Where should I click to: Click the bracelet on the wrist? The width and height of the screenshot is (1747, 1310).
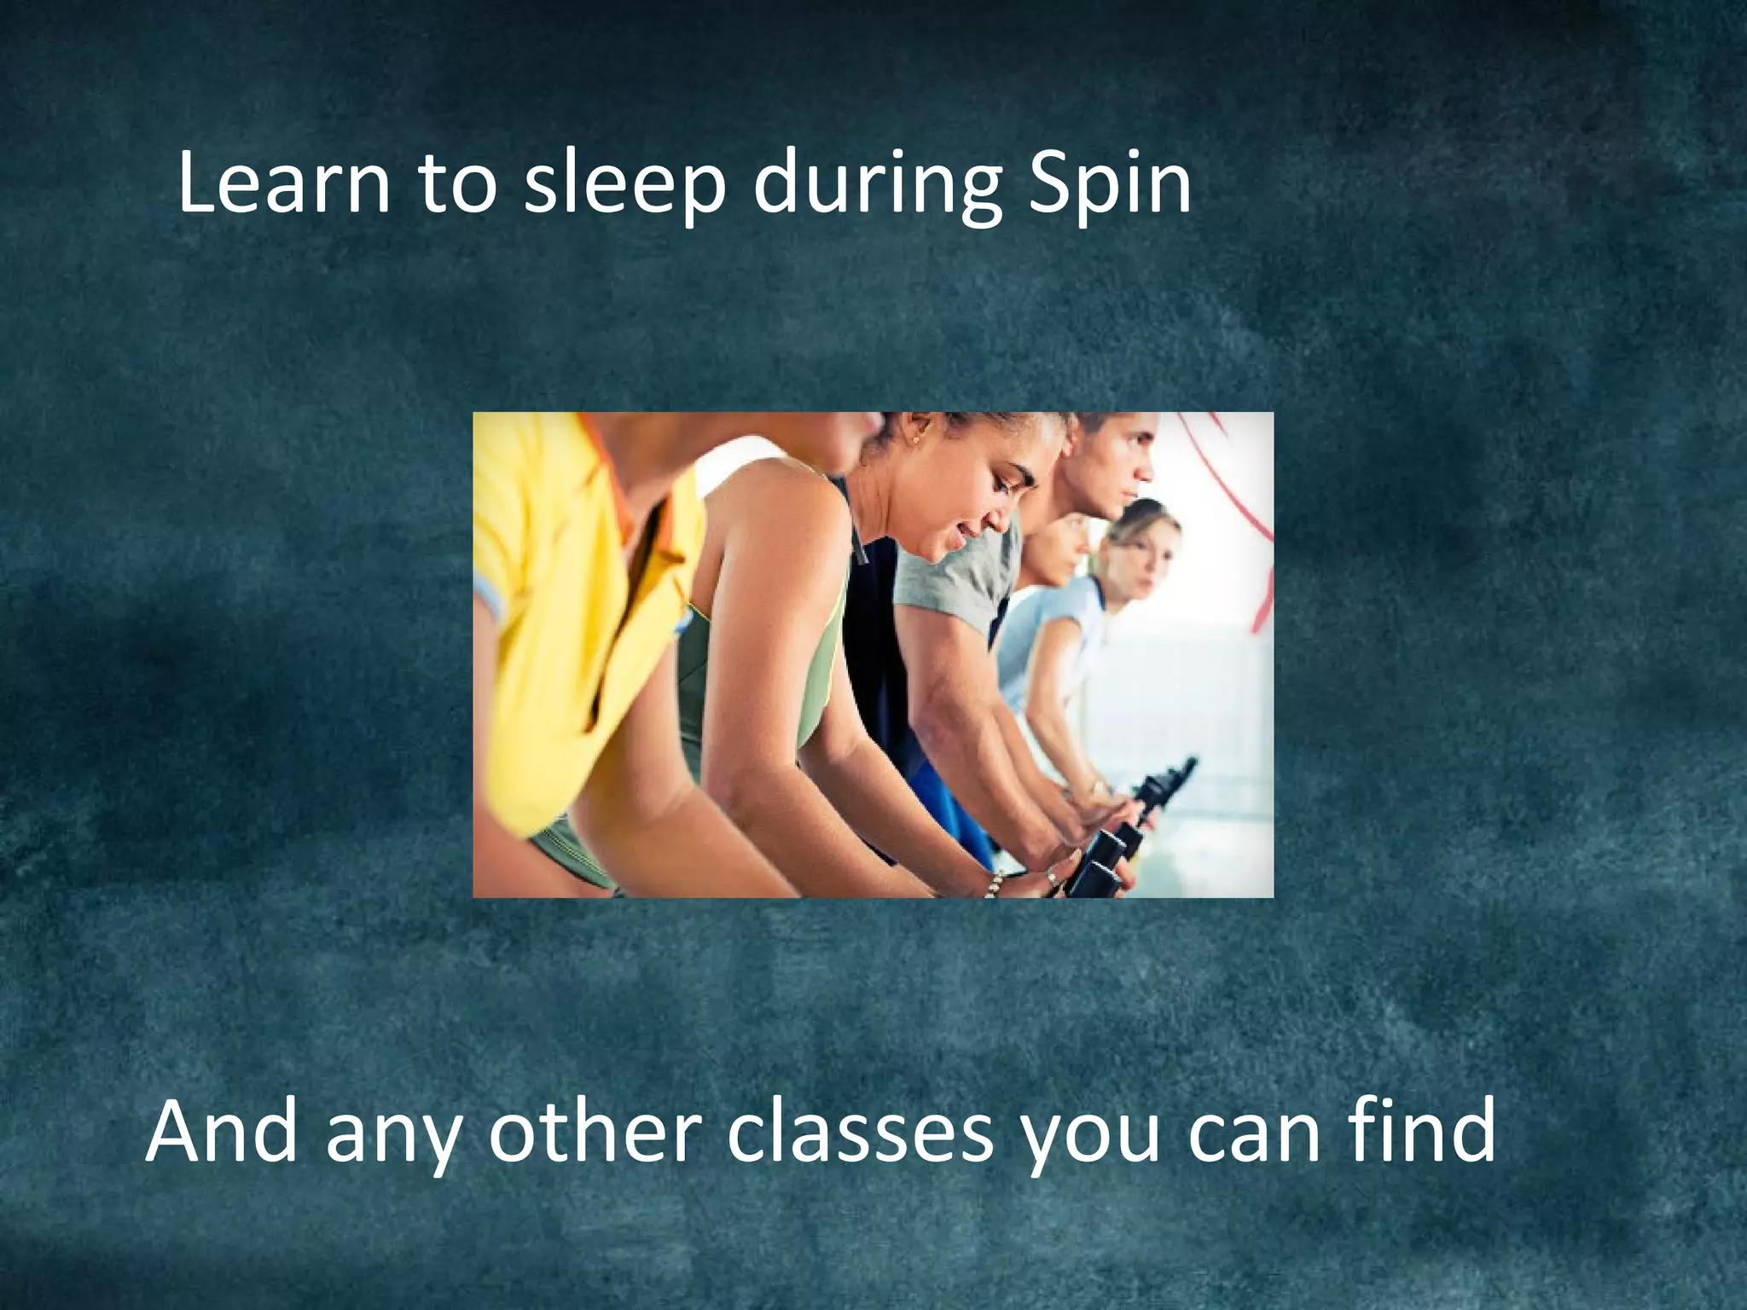click(x=991, y=884)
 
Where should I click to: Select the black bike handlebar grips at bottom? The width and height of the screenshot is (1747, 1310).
click(x=1100, y=861)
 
